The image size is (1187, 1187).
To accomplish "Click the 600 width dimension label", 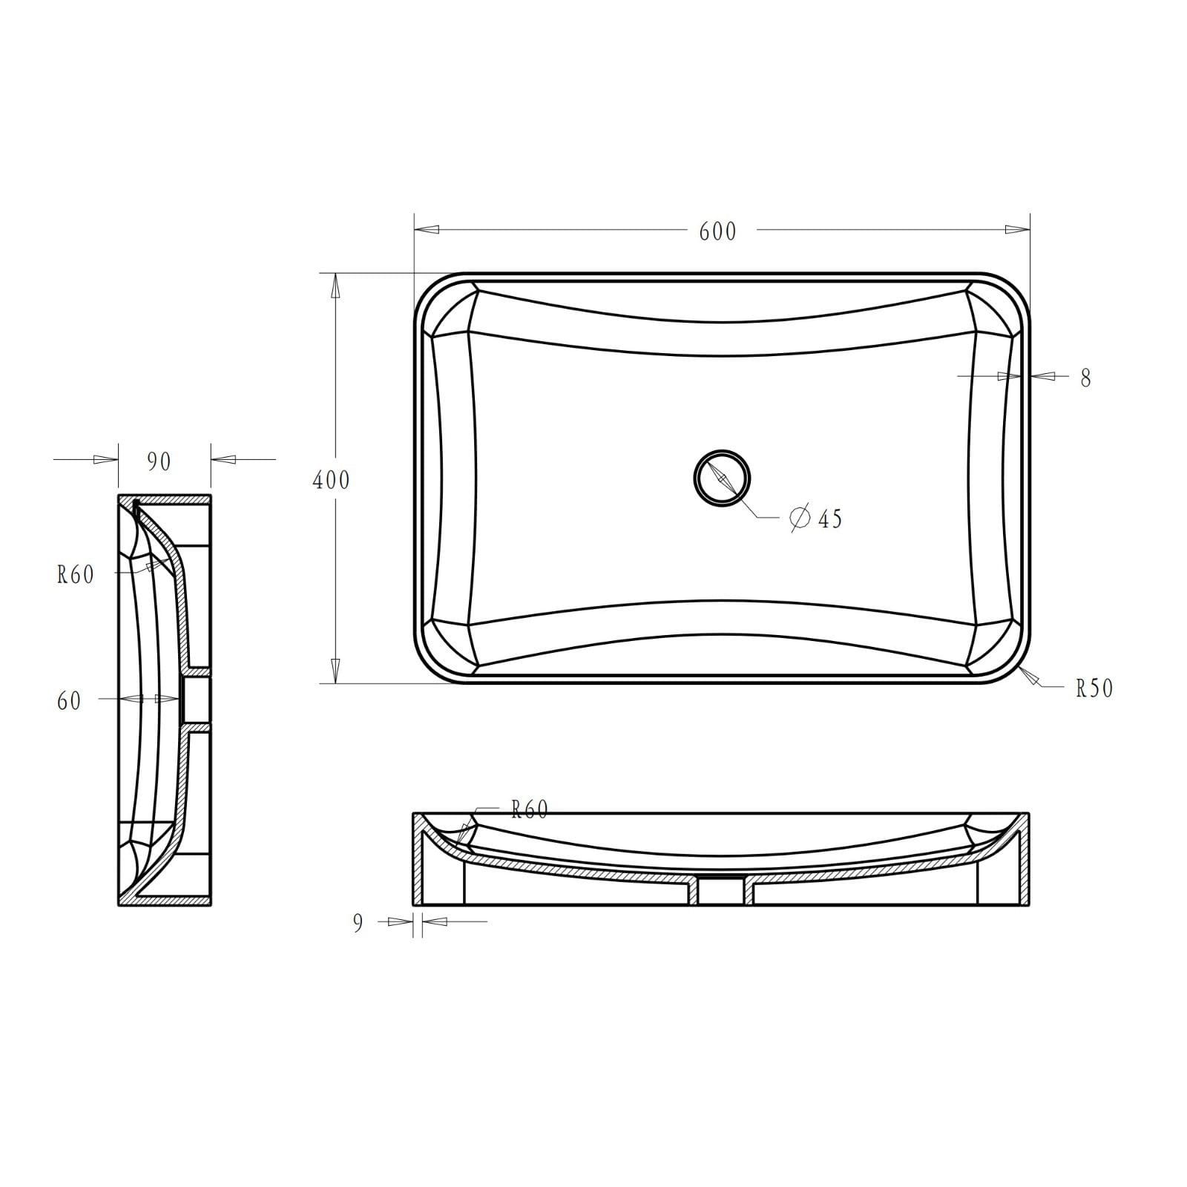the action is (x=717, y=231).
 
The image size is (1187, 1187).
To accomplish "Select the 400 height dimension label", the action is (x=331, y=481).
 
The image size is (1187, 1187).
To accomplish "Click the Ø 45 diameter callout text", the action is (x=816, y=518).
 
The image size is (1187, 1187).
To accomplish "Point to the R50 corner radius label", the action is (x=1094, y=688).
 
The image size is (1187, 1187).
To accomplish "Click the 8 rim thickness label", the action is (x=1085, y=378).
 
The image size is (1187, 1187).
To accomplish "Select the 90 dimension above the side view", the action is (x=159, y=461).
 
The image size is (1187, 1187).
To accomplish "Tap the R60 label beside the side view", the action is (x=76, y=574).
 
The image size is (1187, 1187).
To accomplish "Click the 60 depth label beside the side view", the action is (x=69, y=701).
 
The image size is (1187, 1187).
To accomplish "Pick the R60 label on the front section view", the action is (x=530, y=809).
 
